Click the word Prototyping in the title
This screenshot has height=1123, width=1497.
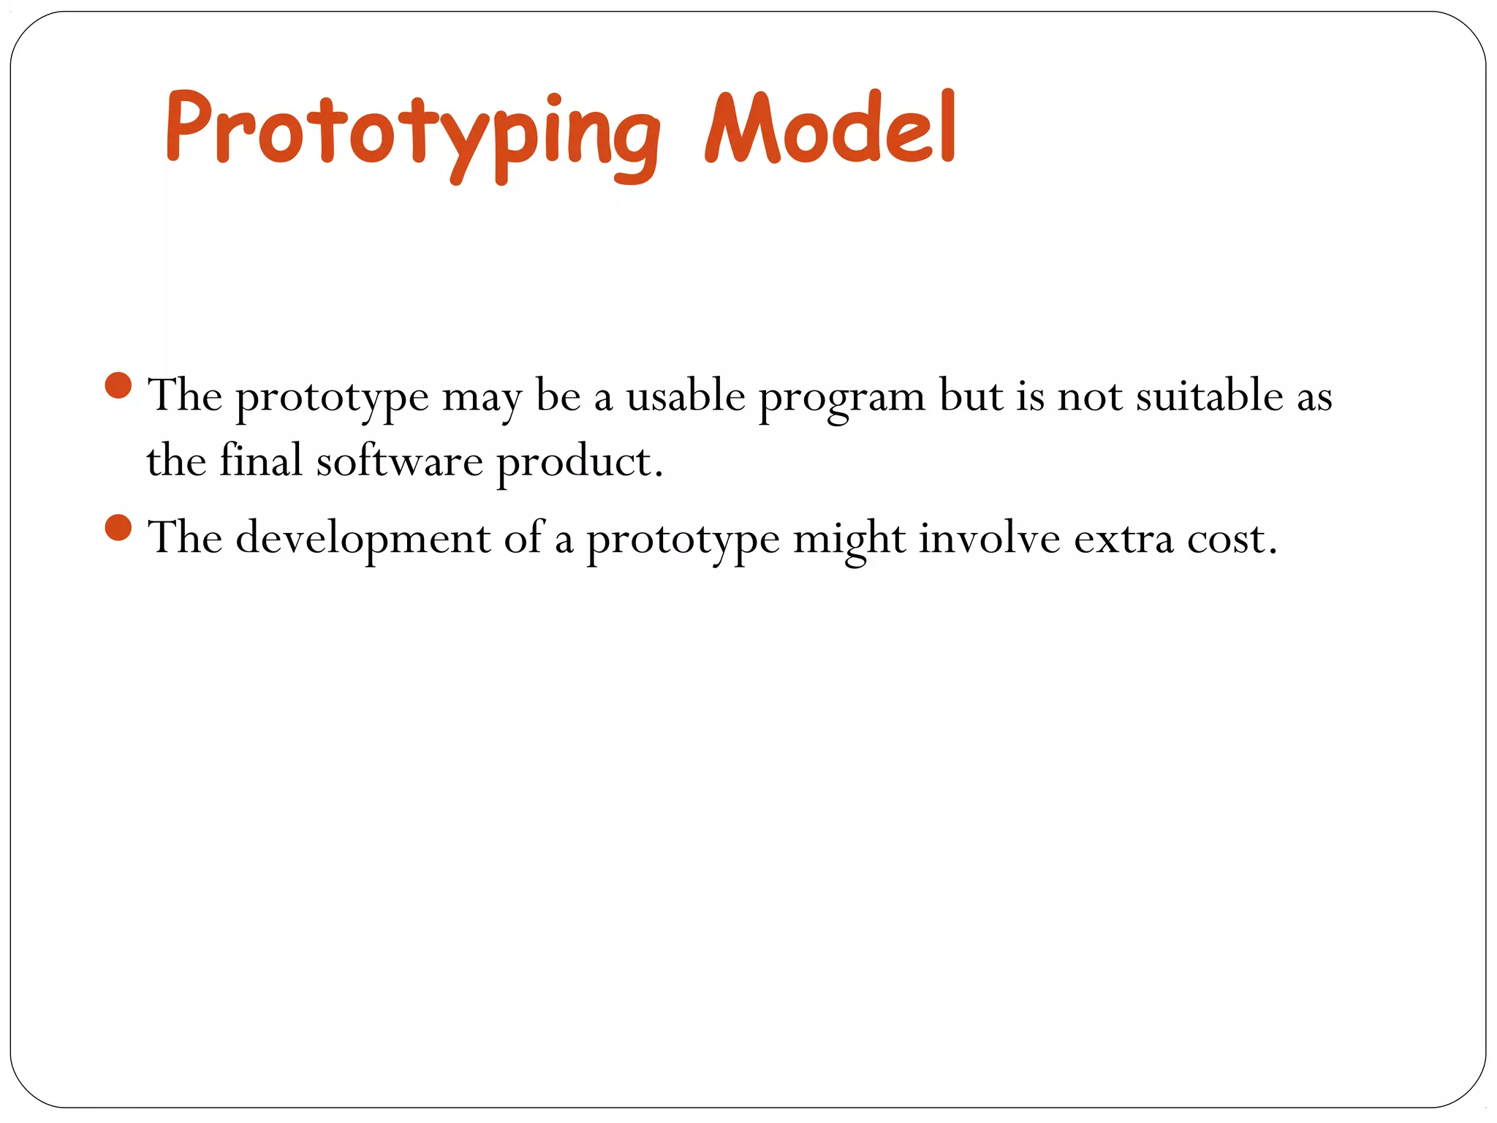413,135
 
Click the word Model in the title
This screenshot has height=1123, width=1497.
830,130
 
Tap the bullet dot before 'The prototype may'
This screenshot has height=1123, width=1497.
118,385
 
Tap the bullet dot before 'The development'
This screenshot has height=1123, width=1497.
118,527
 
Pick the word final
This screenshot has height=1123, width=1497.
261,461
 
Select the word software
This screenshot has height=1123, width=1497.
399,461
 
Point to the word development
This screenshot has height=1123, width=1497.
363,540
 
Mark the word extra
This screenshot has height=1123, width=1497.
1123,540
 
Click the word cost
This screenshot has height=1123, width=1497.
1231,540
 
